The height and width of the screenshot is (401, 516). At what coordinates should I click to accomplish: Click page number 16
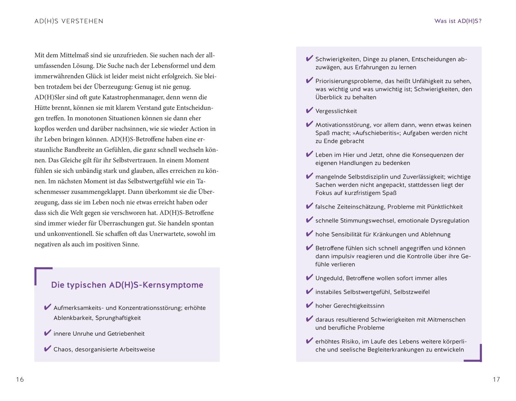click(x=20, y=379)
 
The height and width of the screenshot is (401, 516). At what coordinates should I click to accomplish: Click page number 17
click(x=496, y=379)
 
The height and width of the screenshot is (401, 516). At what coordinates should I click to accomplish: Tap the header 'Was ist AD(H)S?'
click(x=458, y=21)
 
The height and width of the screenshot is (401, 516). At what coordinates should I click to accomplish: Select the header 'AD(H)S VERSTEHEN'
click(x=69, y=21)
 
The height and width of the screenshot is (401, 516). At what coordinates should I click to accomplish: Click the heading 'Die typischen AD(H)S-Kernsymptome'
click(x=127, y=285)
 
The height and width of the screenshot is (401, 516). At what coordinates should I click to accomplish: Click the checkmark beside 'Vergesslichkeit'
click(x=309, y=111)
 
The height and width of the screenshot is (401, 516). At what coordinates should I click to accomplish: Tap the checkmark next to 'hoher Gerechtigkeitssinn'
click(x=309, y=305)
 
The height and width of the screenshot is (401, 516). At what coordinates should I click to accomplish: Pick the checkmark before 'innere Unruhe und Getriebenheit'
click(x=48, y=333)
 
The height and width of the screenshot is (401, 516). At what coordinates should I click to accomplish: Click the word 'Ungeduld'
click(x=329, y=278)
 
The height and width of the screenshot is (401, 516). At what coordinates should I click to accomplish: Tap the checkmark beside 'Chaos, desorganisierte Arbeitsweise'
click(x=48, y=349)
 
